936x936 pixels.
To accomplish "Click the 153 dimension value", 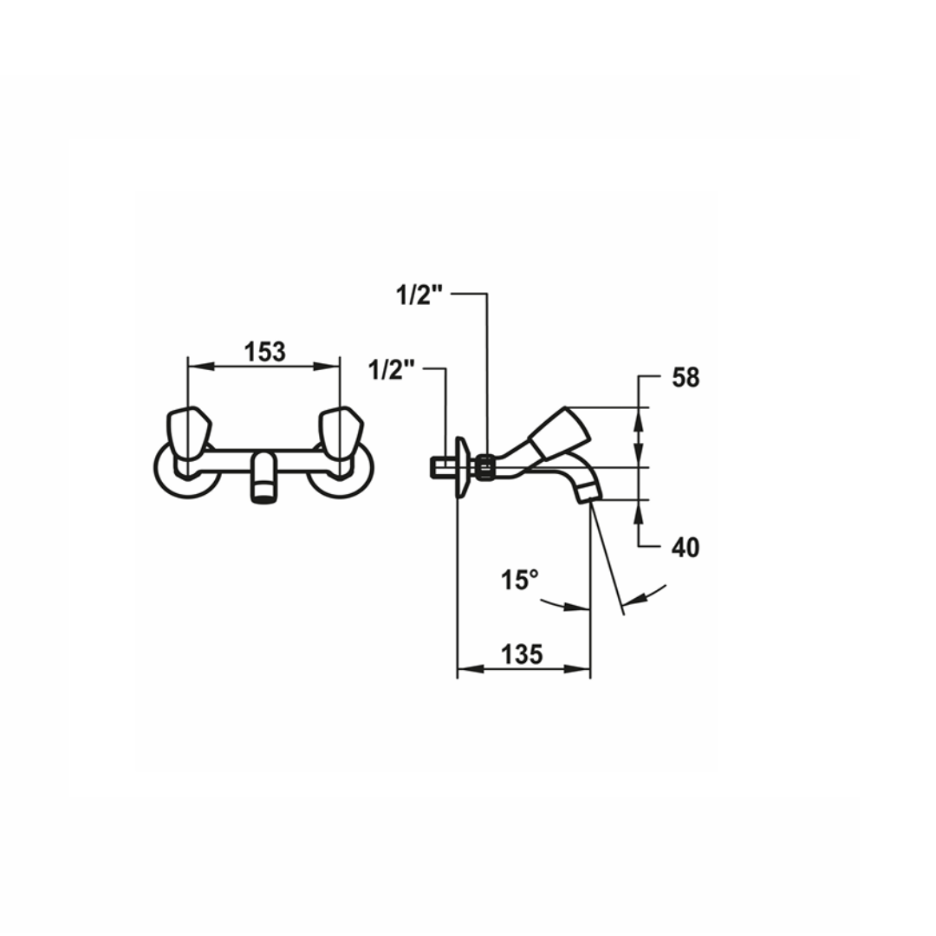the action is click(x=265, y=352).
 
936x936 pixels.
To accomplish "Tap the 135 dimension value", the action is click(x=521, y=654).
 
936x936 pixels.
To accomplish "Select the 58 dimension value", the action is click(x=686, y=377).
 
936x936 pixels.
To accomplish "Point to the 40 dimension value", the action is click(x=686, y=547).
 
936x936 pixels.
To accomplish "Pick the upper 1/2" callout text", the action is click(x=419, y=295).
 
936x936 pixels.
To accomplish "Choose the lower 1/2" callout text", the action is click(x=392, y=370).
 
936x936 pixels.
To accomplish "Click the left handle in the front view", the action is click(x=189, y=434).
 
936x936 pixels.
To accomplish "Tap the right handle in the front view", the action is click(x=341, y=434).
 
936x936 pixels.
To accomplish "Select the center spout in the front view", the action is click(x=264, y=477).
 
